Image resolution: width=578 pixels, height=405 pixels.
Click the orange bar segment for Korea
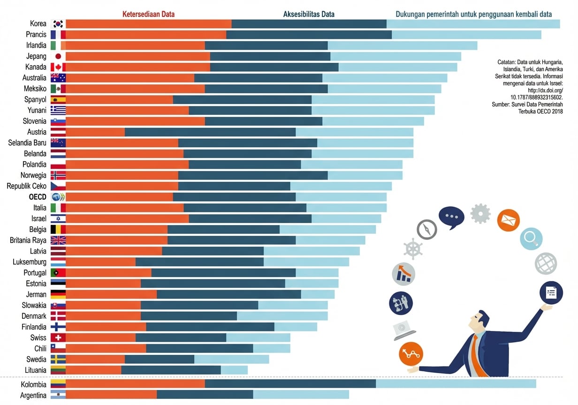149,24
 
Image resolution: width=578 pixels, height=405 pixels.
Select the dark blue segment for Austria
210,132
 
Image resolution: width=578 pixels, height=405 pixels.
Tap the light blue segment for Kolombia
456,384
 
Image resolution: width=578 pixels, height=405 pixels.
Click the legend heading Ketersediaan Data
148,14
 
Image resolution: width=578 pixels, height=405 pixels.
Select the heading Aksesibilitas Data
309,14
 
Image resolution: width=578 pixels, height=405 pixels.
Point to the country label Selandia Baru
27,143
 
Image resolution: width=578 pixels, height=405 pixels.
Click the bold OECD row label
38,197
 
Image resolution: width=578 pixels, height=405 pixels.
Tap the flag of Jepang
58,56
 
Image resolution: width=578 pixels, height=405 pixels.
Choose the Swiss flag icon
58,338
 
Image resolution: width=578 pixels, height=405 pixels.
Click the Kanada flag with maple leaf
58,67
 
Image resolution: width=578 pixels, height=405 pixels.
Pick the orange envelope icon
508,220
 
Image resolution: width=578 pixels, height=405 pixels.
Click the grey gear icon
480,213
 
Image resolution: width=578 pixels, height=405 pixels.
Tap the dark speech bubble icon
451,217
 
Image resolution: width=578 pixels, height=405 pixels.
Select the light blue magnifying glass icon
531,238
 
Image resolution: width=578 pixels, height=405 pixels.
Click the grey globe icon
546,263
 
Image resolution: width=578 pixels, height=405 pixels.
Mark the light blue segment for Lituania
234,370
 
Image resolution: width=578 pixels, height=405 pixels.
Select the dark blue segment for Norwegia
253,175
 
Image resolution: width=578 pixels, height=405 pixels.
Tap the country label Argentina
33,396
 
